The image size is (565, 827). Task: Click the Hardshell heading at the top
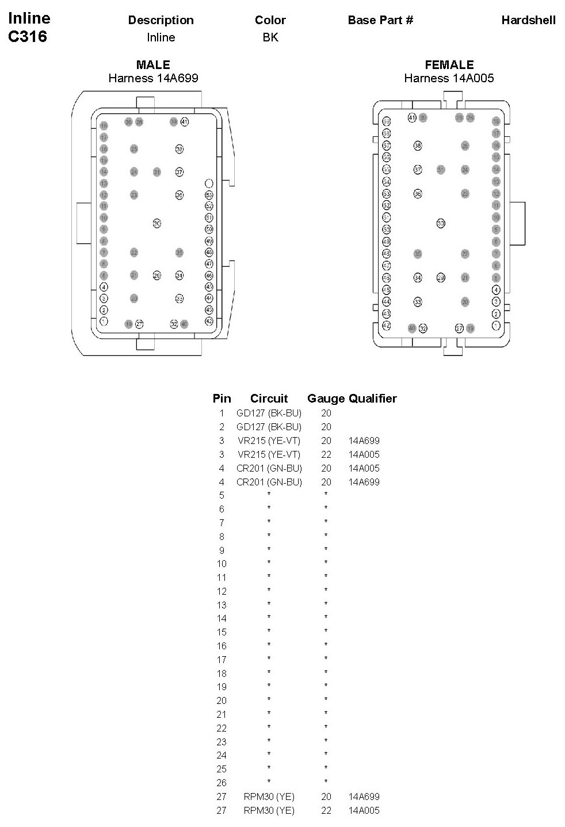point(528,20)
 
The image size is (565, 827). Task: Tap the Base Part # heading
point(380,20)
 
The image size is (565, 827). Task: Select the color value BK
point(270,37)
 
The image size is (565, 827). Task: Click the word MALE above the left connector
point(153,65)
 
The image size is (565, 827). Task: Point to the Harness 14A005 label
point(449,78)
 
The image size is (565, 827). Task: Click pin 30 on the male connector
point(156,223)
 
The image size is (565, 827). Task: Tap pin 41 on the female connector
point(412,118)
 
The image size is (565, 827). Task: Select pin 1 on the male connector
point(104,321)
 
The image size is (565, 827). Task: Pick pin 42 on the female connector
point(387,326)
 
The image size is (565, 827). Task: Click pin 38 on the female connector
point(418,146)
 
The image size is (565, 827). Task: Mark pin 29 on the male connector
point(157,275)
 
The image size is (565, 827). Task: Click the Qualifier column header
point(373,399)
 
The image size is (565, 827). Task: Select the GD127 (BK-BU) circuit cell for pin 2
point(269,427)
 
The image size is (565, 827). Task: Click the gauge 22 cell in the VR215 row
point(326,454)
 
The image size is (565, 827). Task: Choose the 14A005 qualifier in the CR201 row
point(364,468)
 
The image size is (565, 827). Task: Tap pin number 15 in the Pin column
point(222,632)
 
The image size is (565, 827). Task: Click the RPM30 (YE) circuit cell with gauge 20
point(269,797)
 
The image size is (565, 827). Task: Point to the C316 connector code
point(28,37)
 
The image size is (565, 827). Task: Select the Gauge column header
point(326,399)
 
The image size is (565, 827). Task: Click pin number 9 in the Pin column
point(222,550)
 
